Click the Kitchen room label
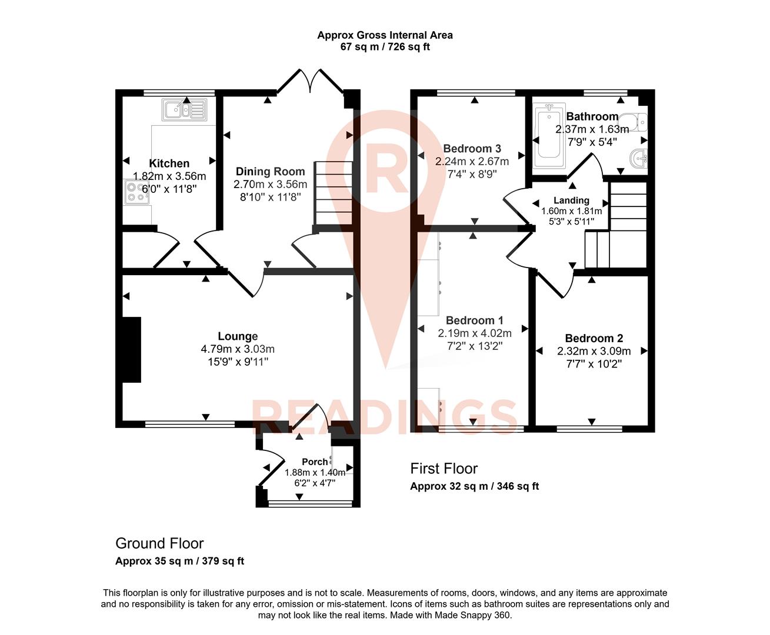click(x=169, y=163)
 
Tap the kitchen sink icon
click(x=184, y=109)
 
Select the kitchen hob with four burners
click(x=136, y=192)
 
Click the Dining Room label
click(x=270, y=172)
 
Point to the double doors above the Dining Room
click(x=310, y=82)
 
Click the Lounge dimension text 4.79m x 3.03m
click(x=238, y=349)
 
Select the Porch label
click(x=314, y=462)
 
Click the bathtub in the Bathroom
click(x=548, y=132)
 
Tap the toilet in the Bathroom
click(x=638, y=121)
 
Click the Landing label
click(x=571, y=200)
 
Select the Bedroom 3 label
click(x=472, y=149)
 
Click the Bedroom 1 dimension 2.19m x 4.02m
click(x=474, y=333)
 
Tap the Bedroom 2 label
click(x=594, y=338)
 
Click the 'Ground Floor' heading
click(x=159, y=543)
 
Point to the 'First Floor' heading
click(x=444, y=469)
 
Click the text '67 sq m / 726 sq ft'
click(x=385, y=46)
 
